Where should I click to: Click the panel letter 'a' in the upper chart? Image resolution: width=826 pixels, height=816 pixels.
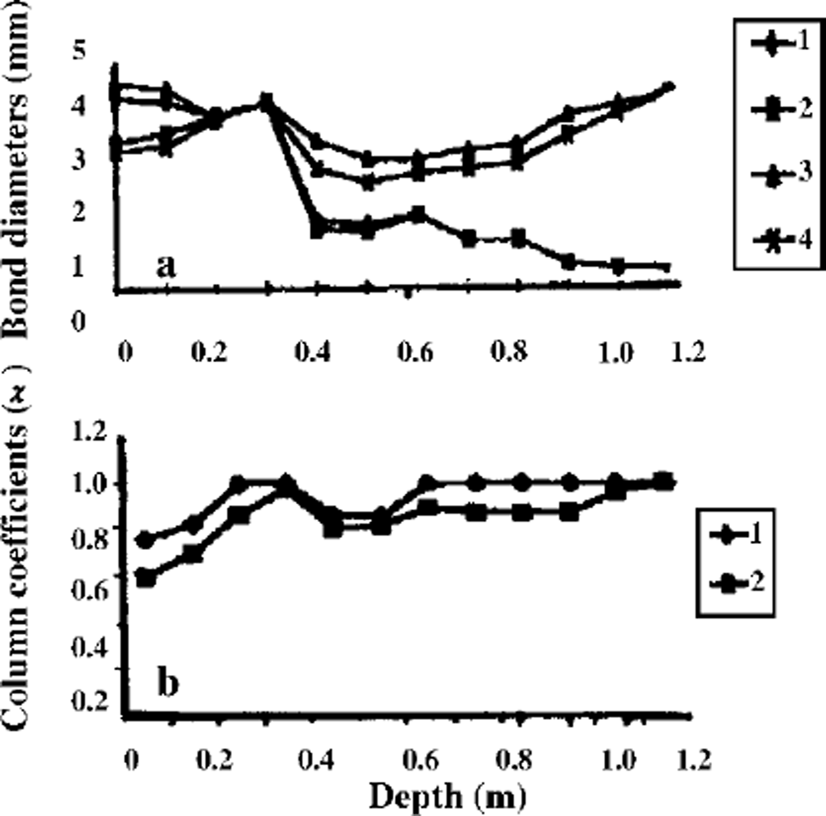pos(166,267)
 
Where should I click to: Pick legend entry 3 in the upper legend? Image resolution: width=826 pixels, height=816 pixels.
pos(782,174)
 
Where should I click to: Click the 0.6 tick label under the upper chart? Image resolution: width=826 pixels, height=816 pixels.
pos(415,353)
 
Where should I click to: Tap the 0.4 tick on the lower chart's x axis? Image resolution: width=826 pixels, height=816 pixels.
pos(315,761)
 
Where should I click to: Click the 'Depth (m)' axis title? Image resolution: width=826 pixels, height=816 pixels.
pos(447,797)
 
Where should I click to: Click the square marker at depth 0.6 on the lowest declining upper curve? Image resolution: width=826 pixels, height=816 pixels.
pos(418,214)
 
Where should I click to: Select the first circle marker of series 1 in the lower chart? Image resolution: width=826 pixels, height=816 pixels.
pos(144,539)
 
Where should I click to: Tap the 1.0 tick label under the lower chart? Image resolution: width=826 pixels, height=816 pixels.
pos(617,761)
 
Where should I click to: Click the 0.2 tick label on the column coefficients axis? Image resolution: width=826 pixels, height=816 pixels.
pos(89,701)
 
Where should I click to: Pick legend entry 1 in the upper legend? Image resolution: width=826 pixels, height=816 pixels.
pos(782,44)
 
